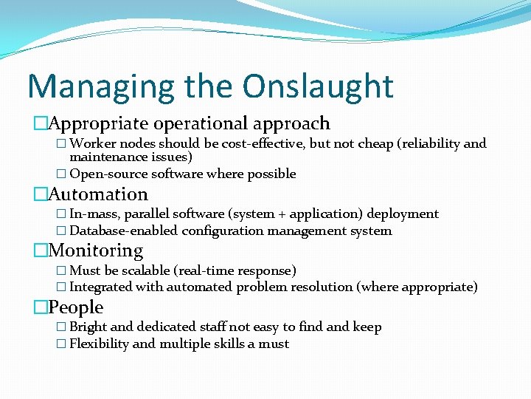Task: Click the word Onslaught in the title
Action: pos(319,86)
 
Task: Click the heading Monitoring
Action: pos(96,250)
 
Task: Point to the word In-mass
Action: pos(94,214)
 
